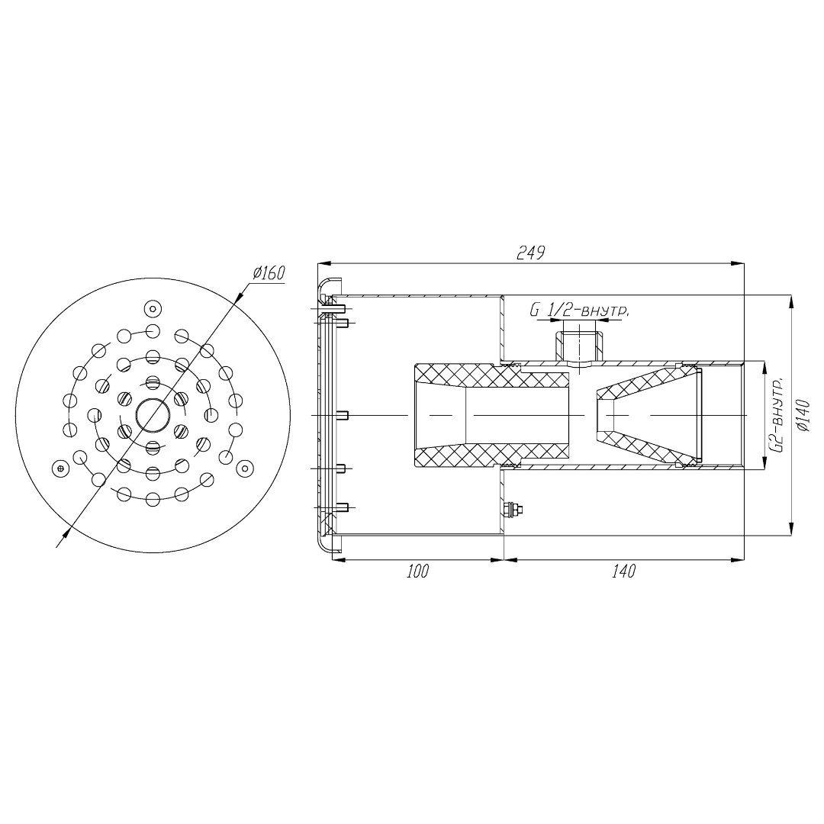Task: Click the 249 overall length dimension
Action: click(x=531, y=253)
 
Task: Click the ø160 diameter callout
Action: click(x=268, y=274)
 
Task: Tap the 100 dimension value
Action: click(x=418, y=571)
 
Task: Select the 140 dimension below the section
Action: click(x=624, y=571)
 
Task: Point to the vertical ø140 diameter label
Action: click(x=803, y=417)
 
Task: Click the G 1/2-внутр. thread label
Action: click(x=579, y=311)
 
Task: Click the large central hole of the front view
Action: click(x=153, y=415)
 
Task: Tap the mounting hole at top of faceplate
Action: click(x=153, y=308)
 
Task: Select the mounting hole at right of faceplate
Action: click(x=245, y=467)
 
